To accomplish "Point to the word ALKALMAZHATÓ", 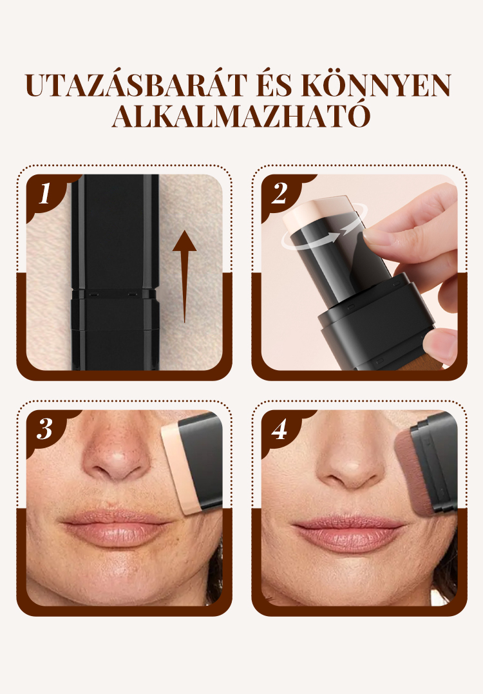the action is tap(241, 116).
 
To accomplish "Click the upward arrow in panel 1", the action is tap(184, 277).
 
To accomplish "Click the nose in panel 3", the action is tap(115, 456).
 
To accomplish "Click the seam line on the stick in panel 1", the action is tap(115, 292).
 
